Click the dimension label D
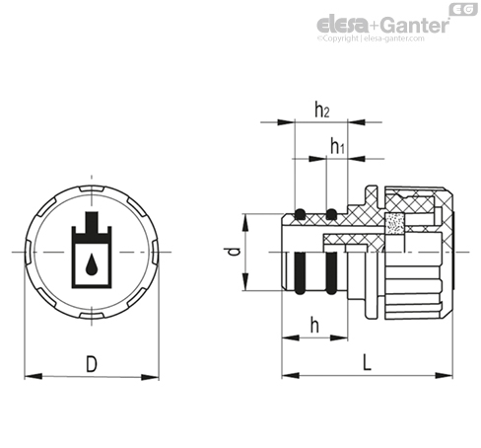[92, 364]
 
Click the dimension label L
[367, 362]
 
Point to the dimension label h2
[322, 110]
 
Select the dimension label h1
[337, 146]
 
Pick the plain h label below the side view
[314, 326]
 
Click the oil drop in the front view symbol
[92, 264]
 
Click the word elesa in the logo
[343, 25]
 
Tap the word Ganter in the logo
[415, 25]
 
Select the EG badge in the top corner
[463, 9]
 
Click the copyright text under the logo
[371, 38]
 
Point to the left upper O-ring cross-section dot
[300, 214]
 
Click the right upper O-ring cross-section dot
[331, 214]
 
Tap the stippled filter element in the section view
[394, 224]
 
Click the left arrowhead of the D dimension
[34, 376]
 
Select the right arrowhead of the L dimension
[445, 375]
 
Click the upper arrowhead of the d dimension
[245, 222]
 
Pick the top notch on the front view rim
[92, 188]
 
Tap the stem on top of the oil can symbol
[92, 222]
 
